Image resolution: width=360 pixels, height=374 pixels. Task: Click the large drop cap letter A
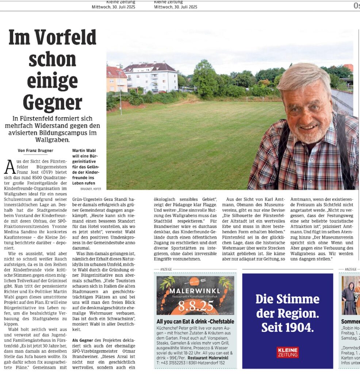pyautogui.click(x=10, y=168)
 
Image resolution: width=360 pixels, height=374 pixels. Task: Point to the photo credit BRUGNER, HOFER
pyautogui.click(x=91, y=189)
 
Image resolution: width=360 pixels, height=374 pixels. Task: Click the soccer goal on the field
pyautogui.click(x=254, y=99)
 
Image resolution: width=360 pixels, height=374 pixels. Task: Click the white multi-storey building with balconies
pyautogui.click(x=151, y=77)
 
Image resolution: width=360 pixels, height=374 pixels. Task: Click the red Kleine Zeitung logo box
pyautogui.click(x=287, y=352)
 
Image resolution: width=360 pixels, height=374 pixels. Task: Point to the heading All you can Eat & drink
pyautogui.click(x=195, y=322)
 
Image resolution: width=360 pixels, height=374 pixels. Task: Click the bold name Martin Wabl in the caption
pyautogui.click(x=84, y=150)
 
